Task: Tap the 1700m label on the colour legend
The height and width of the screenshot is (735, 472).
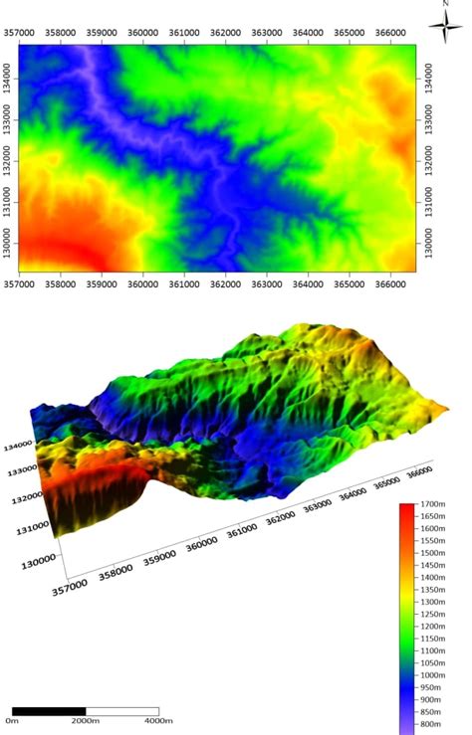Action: [433, 507]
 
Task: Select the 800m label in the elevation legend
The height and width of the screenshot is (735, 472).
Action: [430, 727]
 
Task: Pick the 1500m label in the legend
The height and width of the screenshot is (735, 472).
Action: [433, 555]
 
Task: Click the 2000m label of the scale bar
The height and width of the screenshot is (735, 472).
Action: [85, 720]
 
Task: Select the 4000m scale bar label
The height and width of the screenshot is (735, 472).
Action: [158, 720]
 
